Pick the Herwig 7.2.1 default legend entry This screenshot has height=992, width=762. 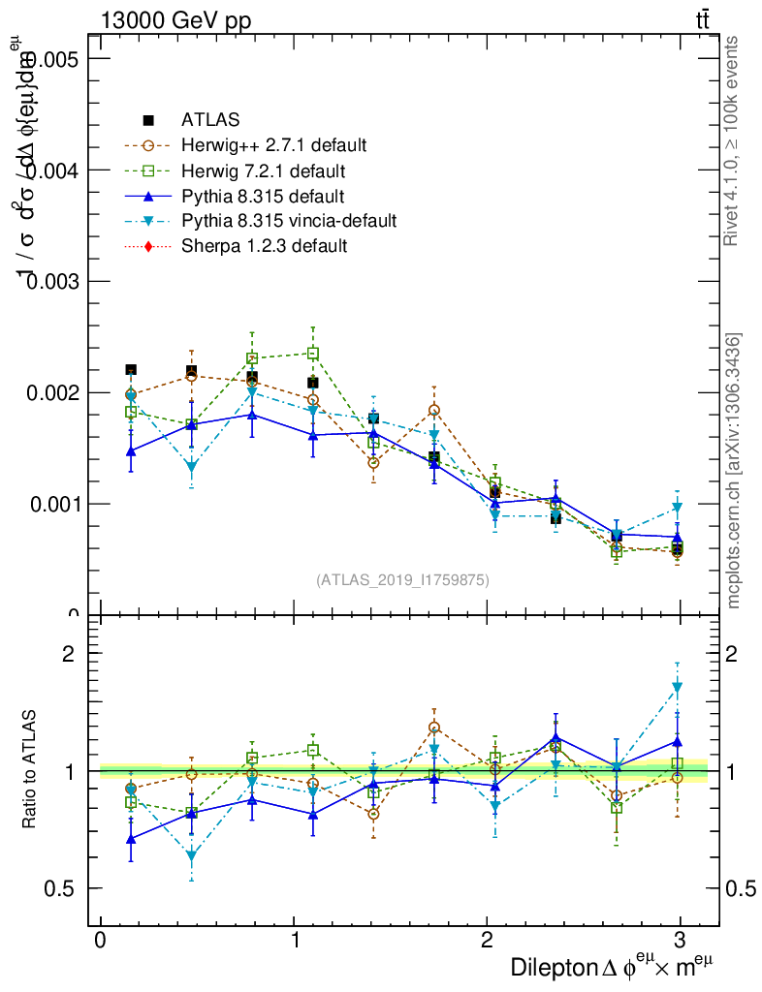263,171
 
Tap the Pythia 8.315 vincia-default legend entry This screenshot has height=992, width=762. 288,221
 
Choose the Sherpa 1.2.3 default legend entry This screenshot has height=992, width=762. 264,246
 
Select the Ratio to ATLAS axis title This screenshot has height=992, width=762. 30,771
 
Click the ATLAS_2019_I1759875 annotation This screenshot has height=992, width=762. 402,580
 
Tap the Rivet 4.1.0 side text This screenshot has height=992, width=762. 733,140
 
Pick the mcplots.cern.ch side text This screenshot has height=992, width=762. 734,471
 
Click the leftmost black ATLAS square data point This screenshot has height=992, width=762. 131,369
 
